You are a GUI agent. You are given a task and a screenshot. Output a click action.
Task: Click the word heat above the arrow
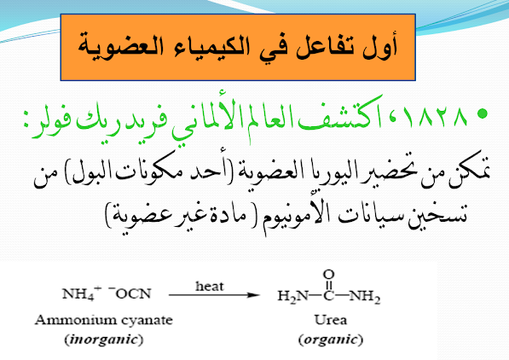[x=210, y=287]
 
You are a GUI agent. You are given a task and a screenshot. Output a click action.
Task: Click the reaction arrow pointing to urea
[x=214, y=295]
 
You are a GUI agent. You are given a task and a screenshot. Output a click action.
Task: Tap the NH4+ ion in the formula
[x=82, y=293]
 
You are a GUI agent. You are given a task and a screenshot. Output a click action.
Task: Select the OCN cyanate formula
[x=130, y=293]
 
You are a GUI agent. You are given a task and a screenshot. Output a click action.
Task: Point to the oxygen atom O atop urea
[x=328, y=275]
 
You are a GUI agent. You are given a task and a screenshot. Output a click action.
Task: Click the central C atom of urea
[x=328, y=295]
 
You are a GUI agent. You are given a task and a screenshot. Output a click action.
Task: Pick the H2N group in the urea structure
[x=292, y=296]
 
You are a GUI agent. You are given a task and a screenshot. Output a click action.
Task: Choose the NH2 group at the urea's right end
[x=365, y=296]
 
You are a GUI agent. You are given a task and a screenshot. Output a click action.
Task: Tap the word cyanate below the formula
[x=147, y=321]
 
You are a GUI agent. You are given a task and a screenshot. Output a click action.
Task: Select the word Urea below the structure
[x=331, y=320]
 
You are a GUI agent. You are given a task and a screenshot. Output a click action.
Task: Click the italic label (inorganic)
[x=104, y=340]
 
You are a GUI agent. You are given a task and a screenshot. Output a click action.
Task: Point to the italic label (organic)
[x=331, y=340]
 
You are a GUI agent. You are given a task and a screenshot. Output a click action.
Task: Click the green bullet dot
[x=483, y=113]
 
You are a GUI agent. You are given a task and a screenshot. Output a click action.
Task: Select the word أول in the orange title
[x=379, y=46]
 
